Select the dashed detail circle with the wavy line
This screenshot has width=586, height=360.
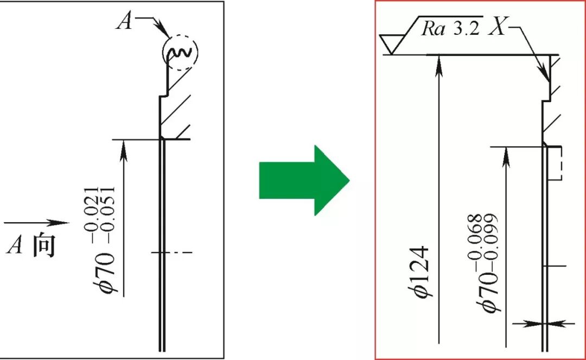click(181, 52)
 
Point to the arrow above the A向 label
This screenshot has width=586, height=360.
click(38, 223)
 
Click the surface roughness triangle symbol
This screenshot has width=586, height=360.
click(392, 43)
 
